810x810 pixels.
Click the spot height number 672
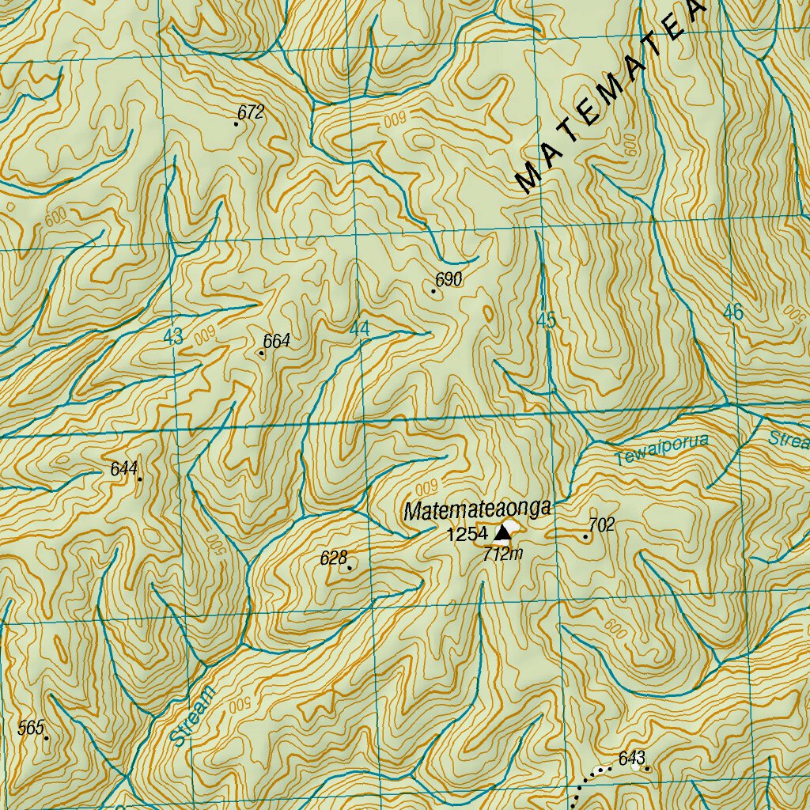coord(250,112)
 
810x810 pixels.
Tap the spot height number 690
coord(449,279)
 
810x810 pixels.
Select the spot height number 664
coord(277,341)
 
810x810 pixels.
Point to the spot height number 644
coord(124,468)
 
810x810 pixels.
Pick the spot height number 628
coord(334,558)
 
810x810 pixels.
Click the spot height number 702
coord(601,524)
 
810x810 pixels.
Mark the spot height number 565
coord(31,728)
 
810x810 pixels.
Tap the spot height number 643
coord(632,757)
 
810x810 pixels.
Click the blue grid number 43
coord(173,336)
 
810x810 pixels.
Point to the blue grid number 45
coord(546,320)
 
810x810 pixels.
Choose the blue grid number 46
coord(732,312)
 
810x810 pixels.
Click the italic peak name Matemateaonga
coord(477,510)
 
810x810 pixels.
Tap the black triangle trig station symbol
coord(502,535)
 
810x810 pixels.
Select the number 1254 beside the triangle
coord(467,535)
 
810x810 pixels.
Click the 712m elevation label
coord(503,555)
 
